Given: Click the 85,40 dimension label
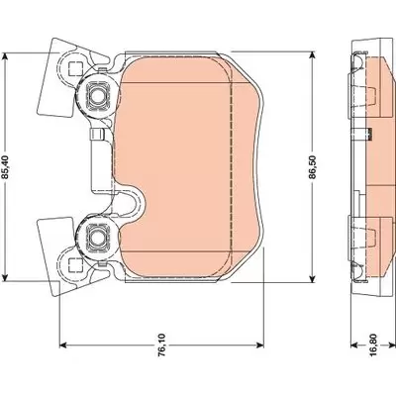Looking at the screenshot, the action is (6, 167).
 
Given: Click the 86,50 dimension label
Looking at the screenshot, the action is (313, 167).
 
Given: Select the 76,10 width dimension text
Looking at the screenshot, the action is (161, 345).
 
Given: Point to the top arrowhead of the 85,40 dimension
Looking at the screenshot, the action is (4, 56).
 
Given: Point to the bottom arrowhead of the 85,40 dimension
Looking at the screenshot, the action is (4, 278).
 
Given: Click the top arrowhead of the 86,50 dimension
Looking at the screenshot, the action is (312, 55).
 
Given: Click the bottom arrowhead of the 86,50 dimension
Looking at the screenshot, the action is (312, 279).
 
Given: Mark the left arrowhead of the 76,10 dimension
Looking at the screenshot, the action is (63, 346).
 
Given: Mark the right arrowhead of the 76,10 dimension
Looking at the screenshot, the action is (260, 346).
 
